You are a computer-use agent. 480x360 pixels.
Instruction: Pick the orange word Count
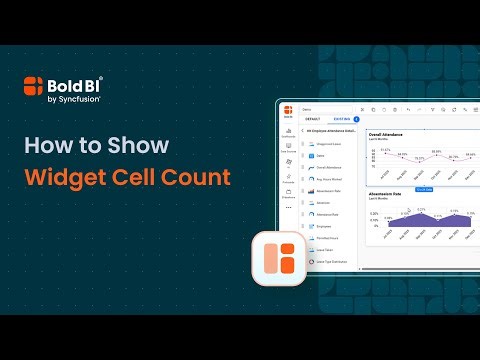coord(200,179)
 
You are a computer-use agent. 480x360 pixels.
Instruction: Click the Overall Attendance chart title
coord(388,133)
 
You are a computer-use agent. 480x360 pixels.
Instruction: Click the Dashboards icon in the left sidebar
coord(288,134)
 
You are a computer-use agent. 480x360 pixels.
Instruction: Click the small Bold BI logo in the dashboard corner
coord(288,109)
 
